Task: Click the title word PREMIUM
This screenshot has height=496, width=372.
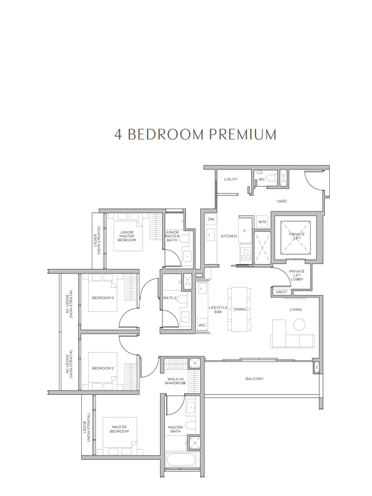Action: (242, 135)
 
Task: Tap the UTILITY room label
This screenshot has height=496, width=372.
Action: (231, 179)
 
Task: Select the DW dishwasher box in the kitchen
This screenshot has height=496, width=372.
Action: (211, 219)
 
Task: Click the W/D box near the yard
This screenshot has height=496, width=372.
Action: (262, 222)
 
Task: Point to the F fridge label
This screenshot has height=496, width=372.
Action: (244, 231)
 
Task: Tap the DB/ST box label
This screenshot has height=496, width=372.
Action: (281, 291)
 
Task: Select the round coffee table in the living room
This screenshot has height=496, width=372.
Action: (299, 324)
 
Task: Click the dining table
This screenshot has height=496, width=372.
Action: (239, 309)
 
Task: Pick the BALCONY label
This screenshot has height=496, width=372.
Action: (254, 379)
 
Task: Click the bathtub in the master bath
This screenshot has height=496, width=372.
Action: (182, 460)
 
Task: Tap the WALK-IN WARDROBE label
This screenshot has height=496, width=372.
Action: (175, 381)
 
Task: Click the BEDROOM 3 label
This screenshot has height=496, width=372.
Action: (103, 298)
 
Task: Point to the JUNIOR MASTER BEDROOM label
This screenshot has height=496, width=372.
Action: (126, 236)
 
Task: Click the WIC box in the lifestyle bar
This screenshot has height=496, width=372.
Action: (202, 325)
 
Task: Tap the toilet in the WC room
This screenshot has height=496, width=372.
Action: (272, 178)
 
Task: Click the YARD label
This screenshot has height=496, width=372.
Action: (281, 201)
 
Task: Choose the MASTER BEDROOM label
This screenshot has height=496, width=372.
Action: (119, 429)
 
